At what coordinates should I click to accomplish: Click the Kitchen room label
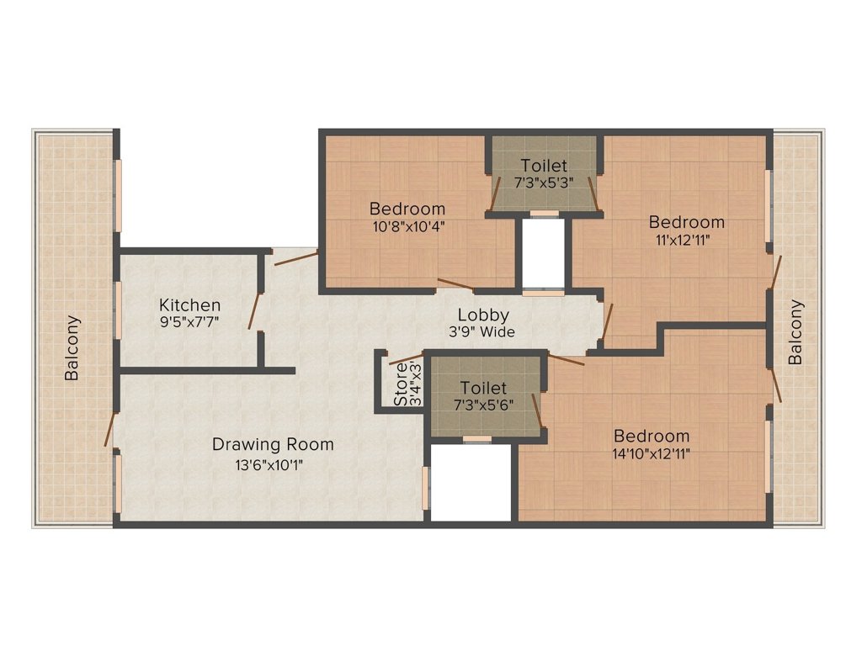[x=189, y=305]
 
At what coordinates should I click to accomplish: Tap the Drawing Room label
[x=274, y=444]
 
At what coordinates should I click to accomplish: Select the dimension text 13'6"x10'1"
[x=269, y=466]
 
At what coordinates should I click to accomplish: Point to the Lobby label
[x=483, y=316]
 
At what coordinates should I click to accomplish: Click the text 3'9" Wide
[x=482, y=331]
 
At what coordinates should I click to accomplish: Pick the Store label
[x=402, y=384]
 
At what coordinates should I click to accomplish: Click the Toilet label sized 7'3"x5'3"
[x=544, y=166]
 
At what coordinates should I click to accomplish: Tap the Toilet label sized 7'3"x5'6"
[x=483, y=389]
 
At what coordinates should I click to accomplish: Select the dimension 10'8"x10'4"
[x=408, y=226]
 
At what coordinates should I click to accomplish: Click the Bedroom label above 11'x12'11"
[x=687, y=222]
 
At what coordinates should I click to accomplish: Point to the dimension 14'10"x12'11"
[x=652, y=453]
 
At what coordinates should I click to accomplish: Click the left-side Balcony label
[x=72, y=347]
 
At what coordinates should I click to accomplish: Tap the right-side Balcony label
[x=795, y=332]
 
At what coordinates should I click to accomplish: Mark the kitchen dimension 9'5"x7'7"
[x=189, y=321]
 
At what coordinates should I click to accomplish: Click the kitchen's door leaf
[x=254, y=310]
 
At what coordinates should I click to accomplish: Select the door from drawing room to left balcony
[x=110, y=429]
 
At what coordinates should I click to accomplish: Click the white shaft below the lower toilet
[x=471, y=482]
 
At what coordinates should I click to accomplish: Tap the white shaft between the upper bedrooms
[x=543, y=253]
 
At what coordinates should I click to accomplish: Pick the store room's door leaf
[x=406, y=358]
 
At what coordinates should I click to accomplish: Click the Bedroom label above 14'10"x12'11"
[x=652, y=437]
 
